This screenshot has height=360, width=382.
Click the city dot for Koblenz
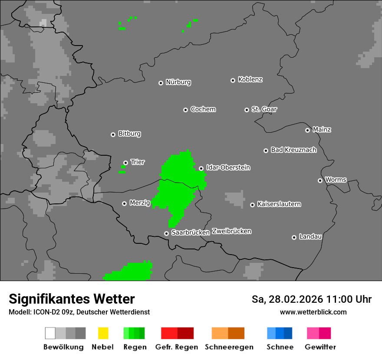233,80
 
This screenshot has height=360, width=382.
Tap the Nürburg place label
178,82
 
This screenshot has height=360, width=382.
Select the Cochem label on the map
203,109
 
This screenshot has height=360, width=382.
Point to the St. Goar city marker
247,110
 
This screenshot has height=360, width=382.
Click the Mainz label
322,129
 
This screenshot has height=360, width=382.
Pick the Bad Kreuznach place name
293,150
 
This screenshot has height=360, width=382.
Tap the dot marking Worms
320,180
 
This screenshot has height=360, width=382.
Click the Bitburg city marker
113,134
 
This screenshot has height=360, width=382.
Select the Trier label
138,162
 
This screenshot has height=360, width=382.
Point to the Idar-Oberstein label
228,167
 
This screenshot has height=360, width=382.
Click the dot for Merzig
124,203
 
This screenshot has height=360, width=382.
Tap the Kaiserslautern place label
279,204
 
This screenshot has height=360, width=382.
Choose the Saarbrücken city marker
166,233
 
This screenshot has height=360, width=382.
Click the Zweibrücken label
231,231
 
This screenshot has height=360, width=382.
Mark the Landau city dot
294,237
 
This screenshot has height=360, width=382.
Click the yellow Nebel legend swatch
103,333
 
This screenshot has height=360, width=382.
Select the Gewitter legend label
320,347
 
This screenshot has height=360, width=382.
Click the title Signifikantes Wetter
72,299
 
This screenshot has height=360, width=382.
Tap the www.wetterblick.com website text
313,312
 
